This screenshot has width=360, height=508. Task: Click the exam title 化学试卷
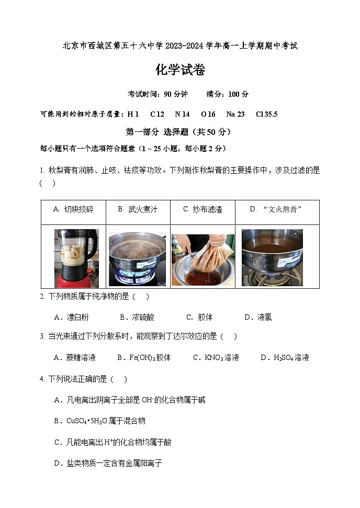[x=180, y=70]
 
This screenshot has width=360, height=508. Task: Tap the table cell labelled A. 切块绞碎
[x=73, y=210]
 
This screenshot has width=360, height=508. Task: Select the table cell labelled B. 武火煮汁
[x=138, y=210]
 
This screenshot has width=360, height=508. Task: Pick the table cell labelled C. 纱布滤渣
[x=203, y=210]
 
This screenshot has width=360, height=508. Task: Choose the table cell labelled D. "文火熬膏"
[x=276, y=210]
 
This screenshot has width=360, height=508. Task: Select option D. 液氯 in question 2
[x=258, y=317]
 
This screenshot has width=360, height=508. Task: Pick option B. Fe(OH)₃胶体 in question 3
[x=144, y=358]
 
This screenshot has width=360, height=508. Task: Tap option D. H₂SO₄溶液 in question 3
[x=285, y=358]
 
